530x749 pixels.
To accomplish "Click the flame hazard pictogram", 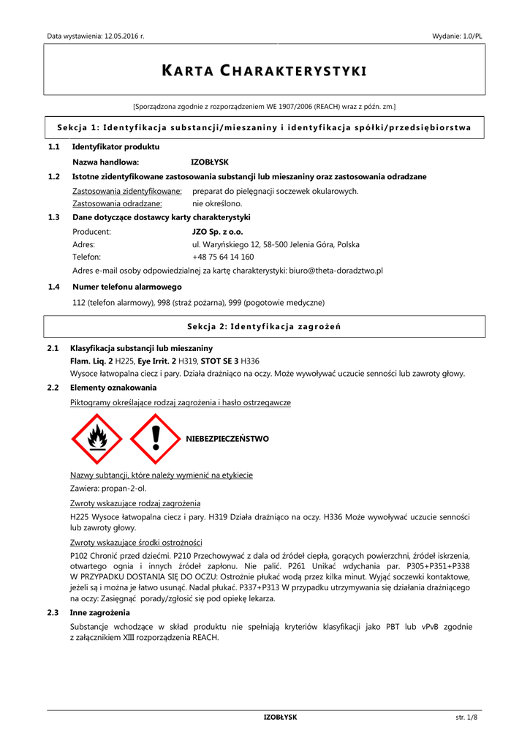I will (97, 439).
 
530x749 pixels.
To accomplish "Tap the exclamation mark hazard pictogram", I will (154, 439).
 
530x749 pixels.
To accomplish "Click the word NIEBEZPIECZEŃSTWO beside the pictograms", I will (227, 439).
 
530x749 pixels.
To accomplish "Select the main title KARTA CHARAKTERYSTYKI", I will (264, 71).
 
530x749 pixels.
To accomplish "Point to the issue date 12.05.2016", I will (121, 36).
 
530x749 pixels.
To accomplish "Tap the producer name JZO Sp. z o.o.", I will (217, 231).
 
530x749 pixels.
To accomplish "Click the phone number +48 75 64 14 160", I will (223, 257).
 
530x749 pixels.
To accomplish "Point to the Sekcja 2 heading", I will (264, 326).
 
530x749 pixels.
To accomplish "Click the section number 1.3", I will (53, 217).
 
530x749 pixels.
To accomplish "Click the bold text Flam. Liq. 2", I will (91, 361).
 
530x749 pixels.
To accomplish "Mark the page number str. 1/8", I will (466, 718).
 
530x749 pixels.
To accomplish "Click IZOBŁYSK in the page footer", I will (280, 718).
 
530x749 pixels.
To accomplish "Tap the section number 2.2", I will (53, 388).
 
